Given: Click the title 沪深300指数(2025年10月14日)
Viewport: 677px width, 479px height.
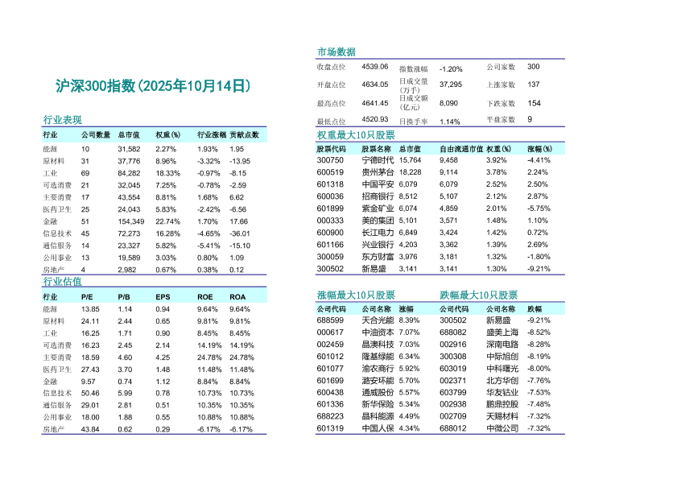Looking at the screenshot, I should pyautogui.click(x=153, y=86).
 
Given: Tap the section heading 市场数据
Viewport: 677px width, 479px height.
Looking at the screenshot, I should pyautogui.click(x=336, y=52).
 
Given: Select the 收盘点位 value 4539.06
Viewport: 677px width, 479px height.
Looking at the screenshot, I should pyautogui.click(x=375, y=66).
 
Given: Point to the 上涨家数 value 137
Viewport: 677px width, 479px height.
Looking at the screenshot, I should pyautogui.click(x=534, y=85).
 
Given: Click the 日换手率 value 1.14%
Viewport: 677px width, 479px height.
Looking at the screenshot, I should pyautogui.click(x=450, y=122).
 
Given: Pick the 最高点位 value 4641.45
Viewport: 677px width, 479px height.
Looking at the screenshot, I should pyautogui.click(x=375, y=103).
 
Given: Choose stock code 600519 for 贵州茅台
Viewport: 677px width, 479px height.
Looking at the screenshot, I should pyautogui.click(x=330, y=171).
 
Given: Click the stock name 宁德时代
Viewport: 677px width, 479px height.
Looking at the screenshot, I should pyautogui.click(x=378, y=160).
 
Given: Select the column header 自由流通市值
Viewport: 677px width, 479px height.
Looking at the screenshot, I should pyautogui.click(x=461, y=149).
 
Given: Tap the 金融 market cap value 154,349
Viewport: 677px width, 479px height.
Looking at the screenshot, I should pyautogui.click(x=130, y=221).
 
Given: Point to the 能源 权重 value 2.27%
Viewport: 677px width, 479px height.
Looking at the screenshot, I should pyautogui.click(x=166, y=149).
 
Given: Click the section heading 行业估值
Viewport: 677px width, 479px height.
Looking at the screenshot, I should pyautogui.click(x=62, y=282).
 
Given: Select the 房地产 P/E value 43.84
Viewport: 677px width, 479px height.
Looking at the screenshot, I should pyautogui.click(x=90, y=429).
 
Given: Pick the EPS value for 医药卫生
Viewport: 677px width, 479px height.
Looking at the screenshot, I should pyautogui.click(x=163, y=369).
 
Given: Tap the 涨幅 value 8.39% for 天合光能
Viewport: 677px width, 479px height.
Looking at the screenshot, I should pyautogui.click(x=409, y=320).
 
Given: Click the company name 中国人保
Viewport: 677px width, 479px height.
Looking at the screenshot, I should pyautogui.click(x=378, y=428).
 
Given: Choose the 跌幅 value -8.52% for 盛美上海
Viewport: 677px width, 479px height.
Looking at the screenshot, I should pyautogui.click(x=539, y=332).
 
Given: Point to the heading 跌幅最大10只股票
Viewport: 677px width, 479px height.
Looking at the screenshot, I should pyautogui.click(x=479, y=295).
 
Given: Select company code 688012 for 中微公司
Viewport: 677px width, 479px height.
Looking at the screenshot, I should pyautogui.click(x=453, y=428).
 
